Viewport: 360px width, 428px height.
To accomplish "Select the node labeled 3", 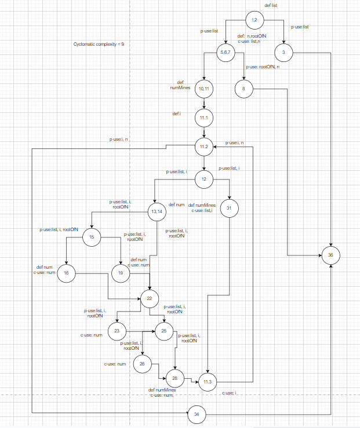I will click(x=284, y=53).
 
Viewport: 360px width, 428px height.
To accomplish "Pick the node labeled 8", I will click(x=244, y=89).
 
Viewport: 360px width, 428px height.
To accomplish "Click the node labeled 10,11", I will click(x=203, y=89).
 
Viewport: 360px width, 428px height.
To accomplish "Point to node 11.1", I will click(x=203, y=118).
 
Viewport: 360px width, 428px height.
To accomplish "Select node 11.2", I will click(x=203, y=147).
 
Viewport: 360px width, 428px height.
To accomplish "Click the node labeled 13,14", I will click(x=157, y=211).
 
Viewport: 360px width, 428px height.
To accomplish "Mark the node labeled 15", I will click(x=92, y=236).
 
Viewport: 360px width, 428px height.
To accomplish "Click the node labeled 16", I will click(x=67, y=273).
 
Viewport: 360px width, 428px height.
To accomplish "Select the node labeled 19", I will click(x=120, y=273).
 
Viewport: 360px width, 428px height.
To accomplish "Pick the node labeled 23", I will click(x=117, y=332).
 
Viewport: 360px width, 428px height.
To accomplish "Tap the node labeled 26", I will click(x=143, y=364).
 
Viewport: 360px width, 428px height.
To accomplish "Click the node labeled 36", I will click(x=330, y=255).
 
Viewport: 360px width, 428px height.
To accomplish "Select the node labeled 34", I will click(x=197, y=414).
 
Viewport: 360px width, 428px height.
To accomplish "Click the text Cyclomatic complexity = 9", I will click(x=99, y=44).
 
